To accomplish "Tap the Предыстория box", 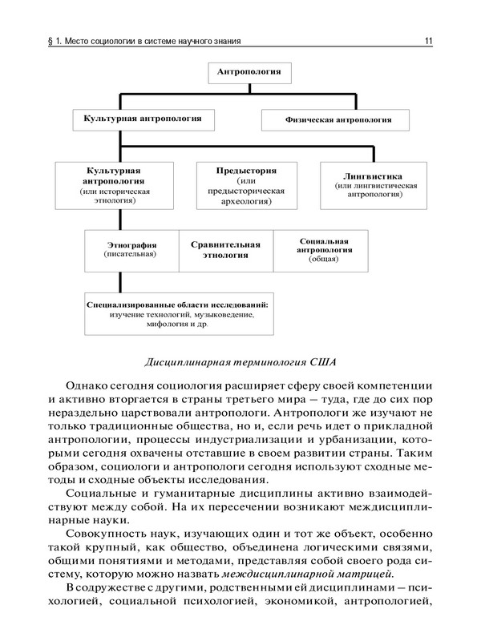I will pyautogui.click(x=246, y=187).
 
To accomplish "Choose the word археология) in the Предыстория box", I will pyautogui.click(x=246, y=203).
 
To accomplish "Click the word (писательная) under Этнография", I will pyautogui.click(x=131, y=254).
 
